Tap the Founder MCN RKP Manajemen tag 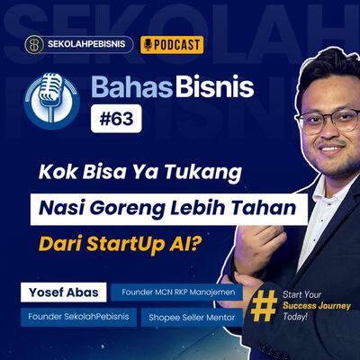pyautogui.click(x=176, y=293)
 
